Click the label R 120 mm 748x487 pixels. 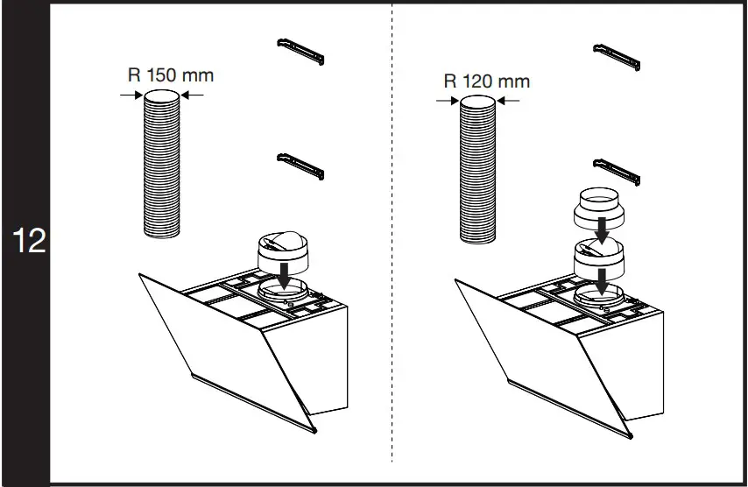(486, 81)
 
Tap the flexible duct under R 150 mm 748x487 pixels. (162, 166)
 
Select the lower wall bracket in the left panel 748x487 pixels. (300, 164)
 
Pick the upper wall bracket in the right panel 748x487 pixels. (617, 56)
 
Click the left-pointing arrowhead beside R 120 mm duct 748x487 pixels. (510, 102)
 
